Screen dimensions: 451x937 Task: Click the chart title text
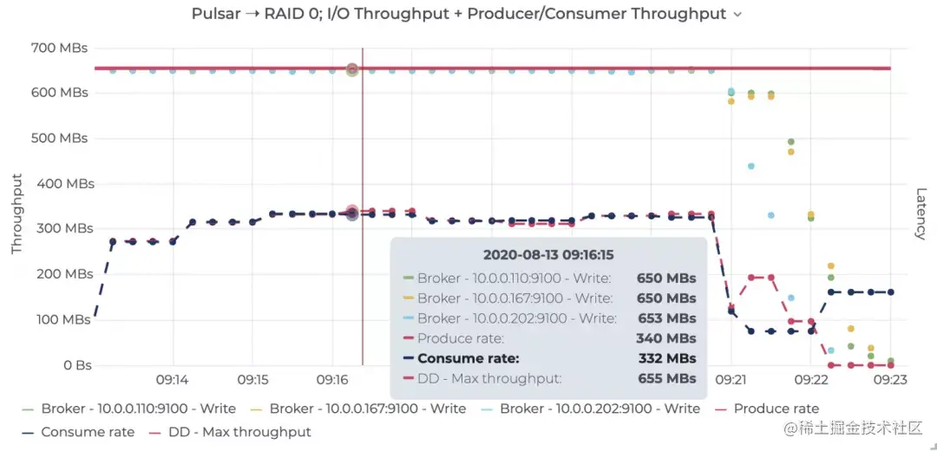pyautogui.click(x=459, y=14)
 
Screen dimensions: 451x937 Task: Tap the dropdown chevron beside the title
pyautogui.click(x=737, y=15)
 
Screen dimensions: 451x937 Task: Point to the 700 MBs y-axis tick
pyautogui.click(x=61, y=48)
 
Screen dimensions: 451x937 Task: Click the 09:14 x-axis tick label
pyautogui.click(x=173, y=380)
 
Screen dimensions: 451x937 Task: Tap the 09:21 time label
pyautogui.click(x=731, y=380)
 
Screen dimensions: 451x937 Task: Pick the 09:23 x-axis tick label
pyautogui.click(x=890, y=380)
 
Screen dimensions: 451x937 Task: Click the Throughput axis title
pyautogui.click(x=16, y=213)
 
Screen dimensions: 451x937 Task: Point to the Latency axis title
pyautogui.click(x=921, y=213)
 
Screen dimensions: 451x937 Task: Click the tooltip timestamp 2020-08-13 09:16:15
pyautogui.click(x=548, y=255)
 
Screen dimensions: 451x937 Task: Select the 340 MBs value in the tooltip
pyautogui.click(x=666, y=338)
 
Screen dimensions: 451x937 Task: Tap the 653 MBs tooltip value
pyautogui.click(x=666, y=318)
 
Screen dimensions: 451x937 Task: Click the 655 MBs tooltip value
pyautogui.click(x=666, y=378)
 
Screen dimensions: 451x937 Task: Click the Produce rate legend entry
pyautogui.click(x=776, y=409)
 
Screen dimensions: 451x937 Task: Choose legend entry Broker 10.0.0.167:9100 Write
pyautogui.click(x=367, y=409)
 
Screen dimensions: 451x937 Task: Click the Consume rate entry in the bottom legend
pyautogui.click(x=87, y=432)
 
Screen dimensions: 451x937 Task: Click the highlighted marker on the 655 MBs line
pyautogui.click(x=352, y=69)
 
